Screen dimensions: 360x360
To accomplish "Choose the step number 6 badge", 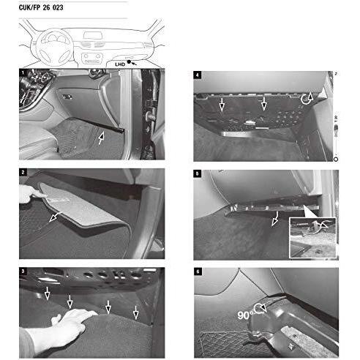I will tap(198, 271).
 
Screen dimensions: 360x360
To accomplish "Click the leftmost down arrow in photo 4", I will tap(221, 104).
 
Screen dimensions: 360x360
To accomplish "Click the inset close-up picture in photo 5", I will tap(312, 236).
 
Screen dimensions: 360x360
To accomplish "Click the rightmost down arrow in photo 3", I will tap(136, 312).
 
